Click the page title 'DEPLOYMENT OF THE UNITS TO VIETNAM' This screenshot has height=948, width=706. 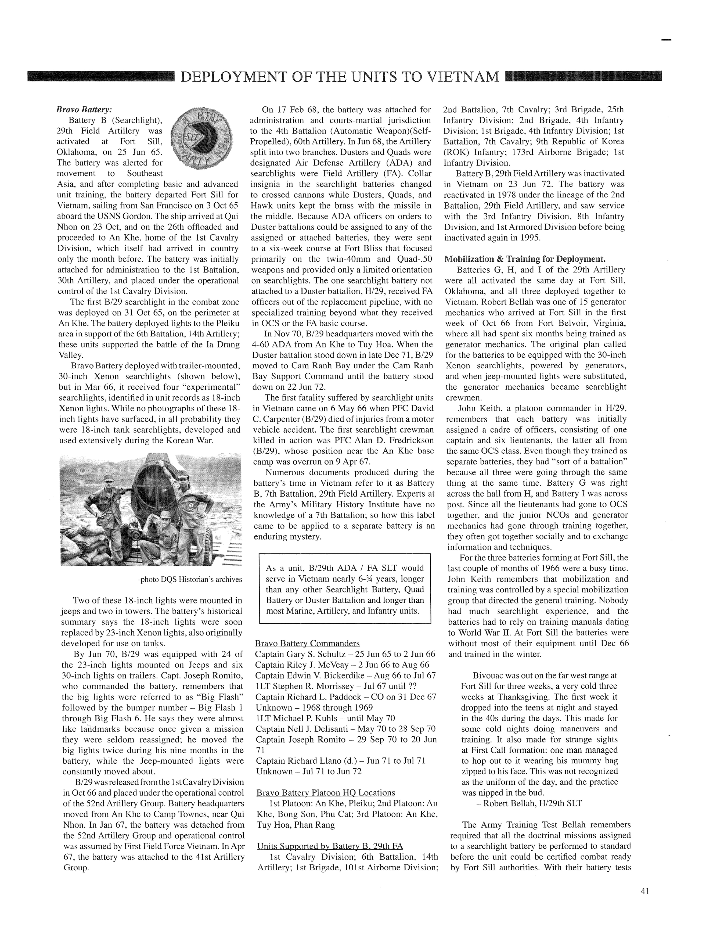pyautogui.click(x=340, y=77)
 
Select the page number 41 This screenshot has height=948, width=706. pyautogui.click(x=645, y=891)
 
